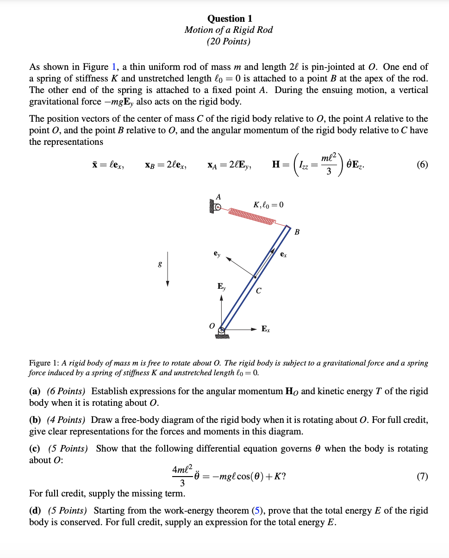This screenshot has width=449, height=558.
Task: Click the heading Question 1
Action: [230, 19]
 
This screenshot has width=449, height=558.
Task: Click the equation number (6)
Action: [422, 165]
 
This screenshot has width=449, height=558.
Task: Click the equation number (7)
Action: [422, 476]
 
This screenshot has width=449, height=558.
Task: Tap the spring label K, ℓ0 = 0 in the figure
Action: [268, 205]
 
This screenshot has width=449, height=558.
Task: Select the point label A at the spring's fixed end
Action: [218, 196]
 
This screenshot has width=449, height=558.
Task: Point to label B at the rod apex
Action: [297, 232]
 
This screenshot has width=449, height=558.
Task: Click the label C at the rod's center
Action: [259, 291]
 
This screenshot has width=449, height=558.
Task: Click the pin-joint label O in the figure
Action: [212, 326]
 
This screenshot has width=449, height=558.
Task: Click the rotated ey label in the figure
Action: [217, 254]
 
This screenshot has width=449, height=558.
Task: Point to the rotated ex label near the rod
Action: [283, 255]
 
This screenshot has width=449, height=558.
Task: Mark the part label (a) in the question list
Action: [35, 391]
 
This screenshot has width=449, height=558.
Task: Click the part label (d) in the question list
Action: [35, 511]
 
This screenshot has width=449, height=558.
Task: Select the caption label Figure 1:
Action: [44, 363]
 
